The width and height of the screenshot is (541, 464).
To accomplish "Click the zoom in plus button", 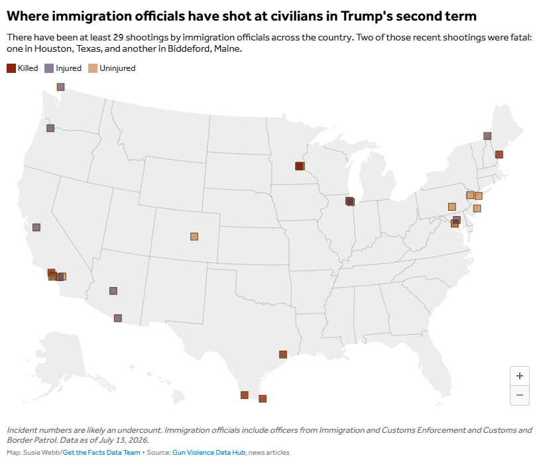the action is pyautogui.click(x=520, y=376).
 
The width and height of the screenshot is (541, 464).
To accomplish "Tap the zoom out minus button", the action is pyautogui.click(x=520, y=395).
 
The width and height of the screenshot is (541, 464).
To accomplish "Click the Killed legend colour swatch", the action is pyautogui.click(x=11, y=68).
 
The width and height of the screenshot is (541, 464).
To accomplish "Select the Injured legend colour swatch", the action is pyautogui.click(x=49, y=68).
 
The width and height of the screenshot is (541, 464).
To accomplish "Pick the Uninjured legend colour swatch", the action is pyautogui.click(x=93, y=68).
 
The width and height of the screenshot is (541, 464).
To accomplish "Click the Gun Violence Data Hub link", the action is pyautogui.click(x=209, y=452).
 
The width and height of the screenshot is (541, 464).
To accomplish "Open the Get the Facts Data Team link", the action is pyautogui.click(x=101, y=452).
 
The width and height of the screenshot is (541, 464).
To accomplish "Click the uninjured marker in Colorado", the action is pyautogui.click(x=194, y=237).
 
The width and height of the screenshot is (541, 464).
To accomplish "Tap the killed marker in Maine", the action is pyautogui.click(x=499, y=154).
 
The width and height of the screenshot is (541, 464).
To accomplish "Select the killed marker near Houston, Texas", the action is pyautogui.click(x=283, y=354).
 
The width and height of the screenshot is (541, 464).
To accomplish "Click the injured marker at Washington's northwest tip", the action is pyautogui.click(x=61, y=87).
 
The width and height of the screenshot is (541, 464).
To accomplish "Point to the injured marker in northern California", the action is pyautogui.click(x=36, y=227).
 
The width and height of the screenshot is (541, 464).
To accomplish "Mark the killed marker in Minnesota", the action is pyautogui.click(x=299, y=166).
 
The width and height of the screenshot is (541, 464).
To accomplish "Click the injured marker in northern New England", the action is pyautogui.click(x=487, y=136).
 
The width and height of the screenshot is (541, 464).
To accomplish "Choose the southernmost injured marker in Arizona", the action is pyautogui.click(x=117, y=318).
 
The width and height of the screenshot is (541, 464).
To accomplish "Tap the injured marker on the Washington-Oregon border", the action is pyautogui.click(x=50, y=128).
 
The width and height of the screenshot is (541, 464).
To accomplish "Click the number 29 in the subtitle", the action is pyautogui.click(x=118, y=37).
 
